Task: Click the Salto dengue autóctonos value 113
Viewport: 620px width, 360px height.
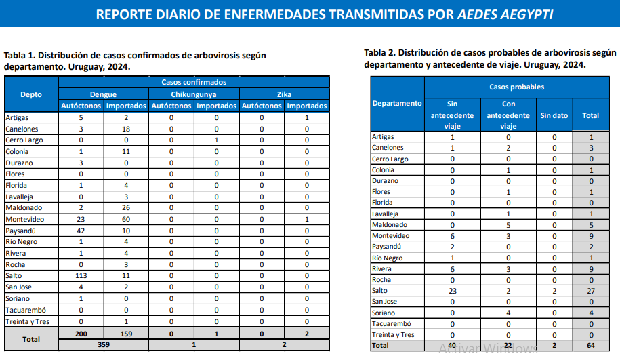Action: click(81, 276)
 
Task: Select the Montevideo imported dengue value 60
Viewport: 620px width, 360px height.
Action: click(126, 219)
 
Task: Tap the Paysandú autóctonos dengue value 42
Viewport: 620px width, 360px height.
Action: click(81, 231)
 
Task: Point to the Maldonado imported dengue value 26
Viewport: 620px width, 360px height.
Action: click(126, 207)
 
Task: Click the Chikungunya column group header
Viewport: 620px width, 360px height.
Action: click(194, 94)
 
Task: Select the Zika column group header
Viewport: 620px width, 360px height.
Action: click(284, 94)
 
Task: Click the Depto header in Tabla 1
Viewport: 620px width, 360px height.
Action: click(31, 94)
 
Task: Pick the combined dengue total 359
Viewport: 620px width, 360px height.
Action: click(104, 344)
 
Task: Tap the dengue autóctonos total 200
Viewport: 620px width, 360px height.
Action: click(81, 334)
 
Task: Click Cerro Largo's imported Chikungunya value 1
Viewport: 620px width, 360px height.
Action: click(216, 140)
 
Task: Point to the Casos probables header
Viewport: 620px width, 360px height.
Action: click(517, 87)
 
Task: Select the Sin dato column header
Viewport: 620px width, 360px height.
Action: click(554, 115)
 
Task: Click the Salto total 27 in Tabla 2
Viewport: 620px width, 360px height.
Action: click(591, 291)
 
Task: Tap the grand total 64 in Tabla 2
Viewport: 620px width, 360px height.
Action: click(591, 345)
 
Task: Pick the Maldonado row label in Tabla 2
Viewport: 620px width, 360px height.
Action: click(390, 224)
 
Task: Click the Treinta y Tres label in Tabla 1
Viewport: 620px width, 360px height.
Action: click(28, 321)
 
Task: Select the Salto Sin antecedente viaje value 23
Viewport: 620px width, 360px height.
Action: click(453, 291)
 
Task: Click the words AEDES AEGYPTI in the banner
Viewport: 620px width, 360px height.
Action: click(505, 14)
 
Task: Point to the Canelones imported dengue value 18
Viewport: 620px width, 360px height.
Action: click(126, 129)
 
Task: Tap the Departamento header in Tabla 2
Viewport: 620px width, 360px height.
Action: click(397, 103)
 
